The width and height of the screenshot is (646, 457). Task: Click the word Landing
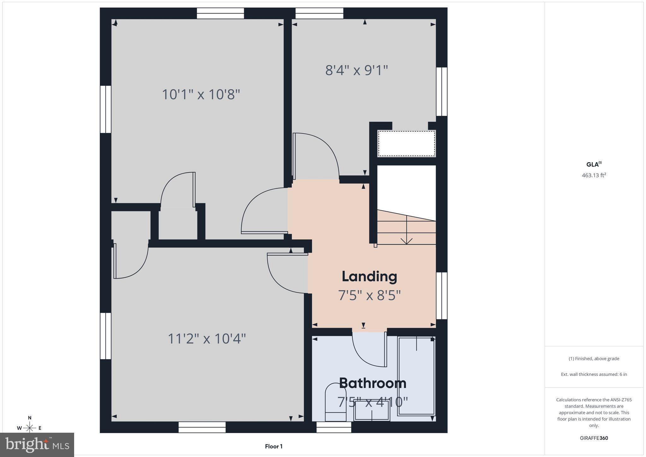click(369, 276)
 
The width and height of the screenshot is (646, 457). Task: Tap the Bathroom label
click(373, 383)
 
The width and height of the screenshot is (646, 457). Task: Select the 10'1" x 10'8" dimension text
click(201, 94)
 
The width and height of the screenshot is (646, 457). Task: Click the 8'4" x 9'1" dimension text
click(356, 70)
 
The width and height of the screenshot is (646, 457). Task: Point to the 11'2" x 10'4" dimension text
click(207, 339)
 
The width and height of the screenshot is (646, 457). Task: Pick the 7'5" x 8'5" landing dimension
click(369, 296)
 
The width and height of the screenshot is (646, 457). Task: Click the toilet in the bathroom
click(335, 402)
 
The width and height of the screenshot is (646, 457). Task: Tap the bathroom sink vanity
click(372, 410)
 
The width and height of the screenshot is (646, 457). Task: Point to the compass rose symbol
click(30, 428)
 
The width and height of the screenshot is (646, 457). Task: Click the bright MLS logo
click(37, 444)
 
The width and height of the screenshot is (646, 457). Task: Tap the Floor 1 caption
click(273, 446)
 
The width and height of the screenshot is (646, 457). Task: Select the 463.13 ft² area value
click(594, 175)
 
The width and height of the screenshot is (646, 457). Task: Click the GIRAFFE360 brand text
click(594, 438)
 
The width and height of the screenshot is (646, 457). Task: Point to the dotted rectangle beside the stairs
click(407, 144)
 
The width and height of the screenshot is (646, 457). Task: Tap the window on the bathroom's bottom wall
click(334, 427)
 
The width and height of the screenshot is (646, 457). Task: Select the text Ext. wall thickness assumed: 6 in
click(594, 374)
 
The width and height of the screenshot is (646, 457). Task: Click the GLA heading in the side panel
click(593, 164)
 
